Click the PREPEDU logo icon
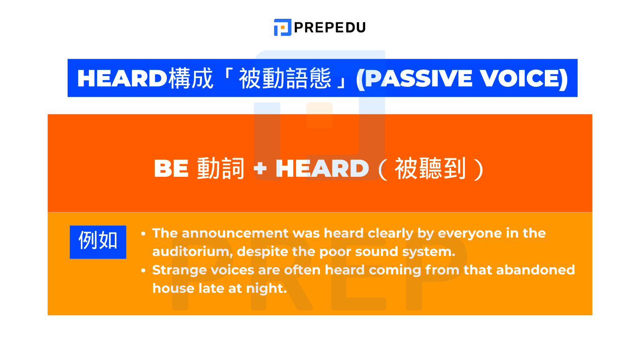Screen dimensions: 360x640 point(282,27)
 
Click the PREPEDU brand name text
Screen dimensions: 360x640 point(330,28)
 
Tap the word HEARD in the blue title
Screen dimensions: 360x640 point(122,78)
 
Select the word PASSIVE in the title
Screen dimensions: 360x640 point(418,78)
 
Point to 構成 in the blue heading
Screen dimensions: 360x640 point(191,78)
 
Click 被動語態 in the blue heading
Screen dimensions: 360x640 point(285,78)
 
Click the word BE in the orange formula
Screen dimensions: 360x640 point(171,168)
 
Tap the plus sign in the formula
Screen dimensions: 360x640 point(260,168)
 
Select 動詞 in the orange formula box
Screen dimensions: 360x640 point(220,168)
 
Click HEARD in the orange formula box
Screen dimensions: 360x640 point(322,168)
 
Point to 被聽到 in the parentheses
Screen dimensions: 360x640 point(430,168)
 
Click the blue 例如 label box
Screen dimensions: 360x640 point(98,242)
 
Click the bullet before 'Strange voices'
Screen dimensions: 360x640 point(143,271)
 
